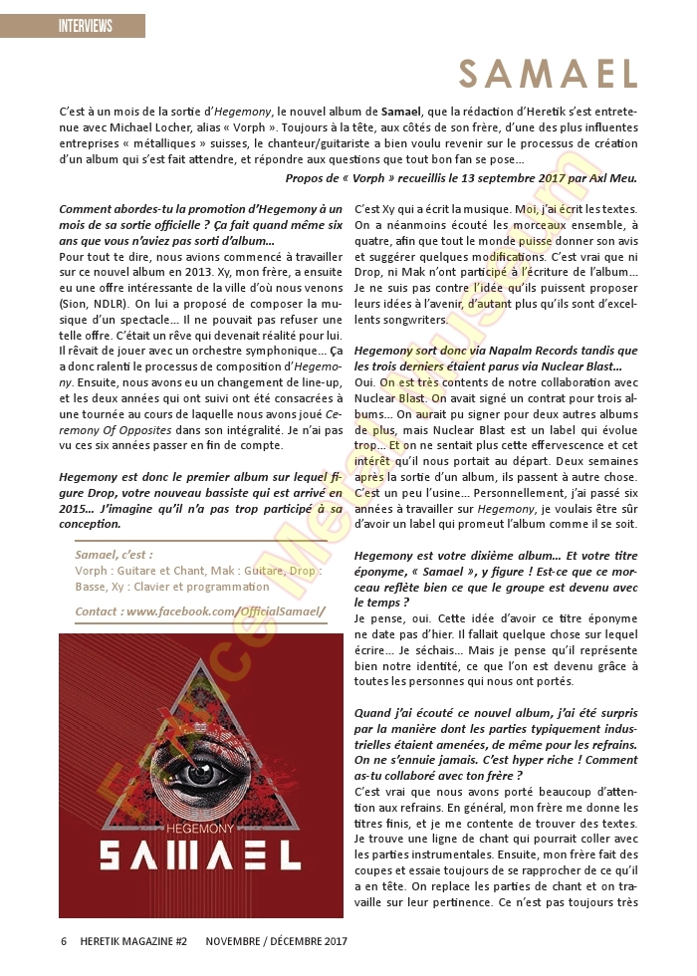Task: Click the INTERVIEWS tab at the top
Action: [x=85, y=26]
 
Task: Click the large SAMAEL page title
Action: [x=549, y=74]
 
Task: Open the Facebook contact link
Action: [x=200, y=610]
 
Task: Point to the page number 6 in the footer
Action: [x=64, y=941]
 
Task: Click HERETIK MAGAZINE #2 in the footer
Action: [x=134, y=941]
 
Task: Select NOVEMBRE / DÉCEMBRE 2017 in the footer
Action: [x=277, y=941]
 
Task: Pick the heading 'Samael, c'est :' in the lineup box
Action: [x=115, y=555]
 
